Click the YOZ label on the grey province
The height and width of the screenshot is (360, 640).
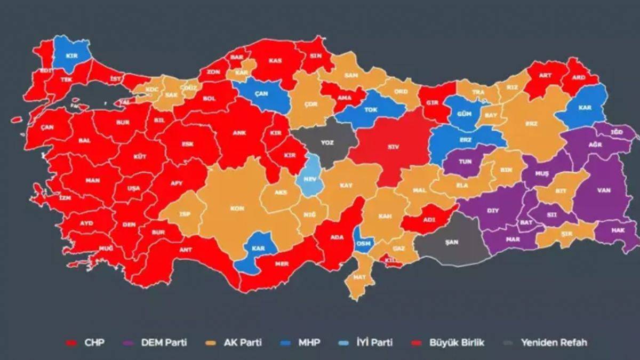(x=327, y=143)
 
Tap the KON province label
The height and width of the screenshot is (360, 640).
(x=237, y=208)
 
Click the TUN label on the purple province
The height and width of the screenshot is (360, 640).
(x=465, y=161)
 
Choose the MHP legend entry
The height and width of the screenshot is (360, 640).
(x=309, y=342)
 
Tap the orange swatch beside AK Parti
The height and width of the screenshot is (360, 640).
(x=217, y=343)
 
